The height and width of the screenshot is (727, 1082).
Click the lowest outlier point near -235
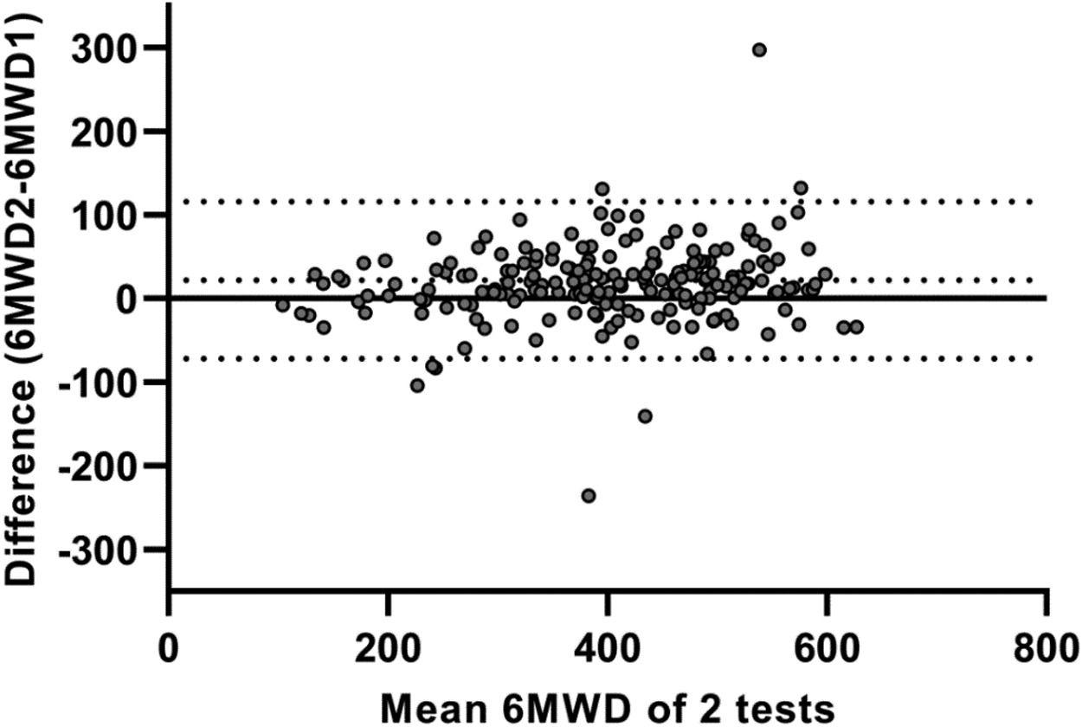coord(589,496)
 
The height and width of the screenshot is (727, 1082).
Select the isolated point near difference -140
coord(645,416)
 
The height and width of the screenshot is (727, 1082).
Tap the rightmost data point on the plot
coord(857,327)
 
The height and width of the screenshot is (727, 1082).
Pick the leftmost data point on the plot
coord(282,305)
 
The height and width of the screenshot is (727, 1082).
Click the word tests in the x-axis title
coord(787,705)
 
